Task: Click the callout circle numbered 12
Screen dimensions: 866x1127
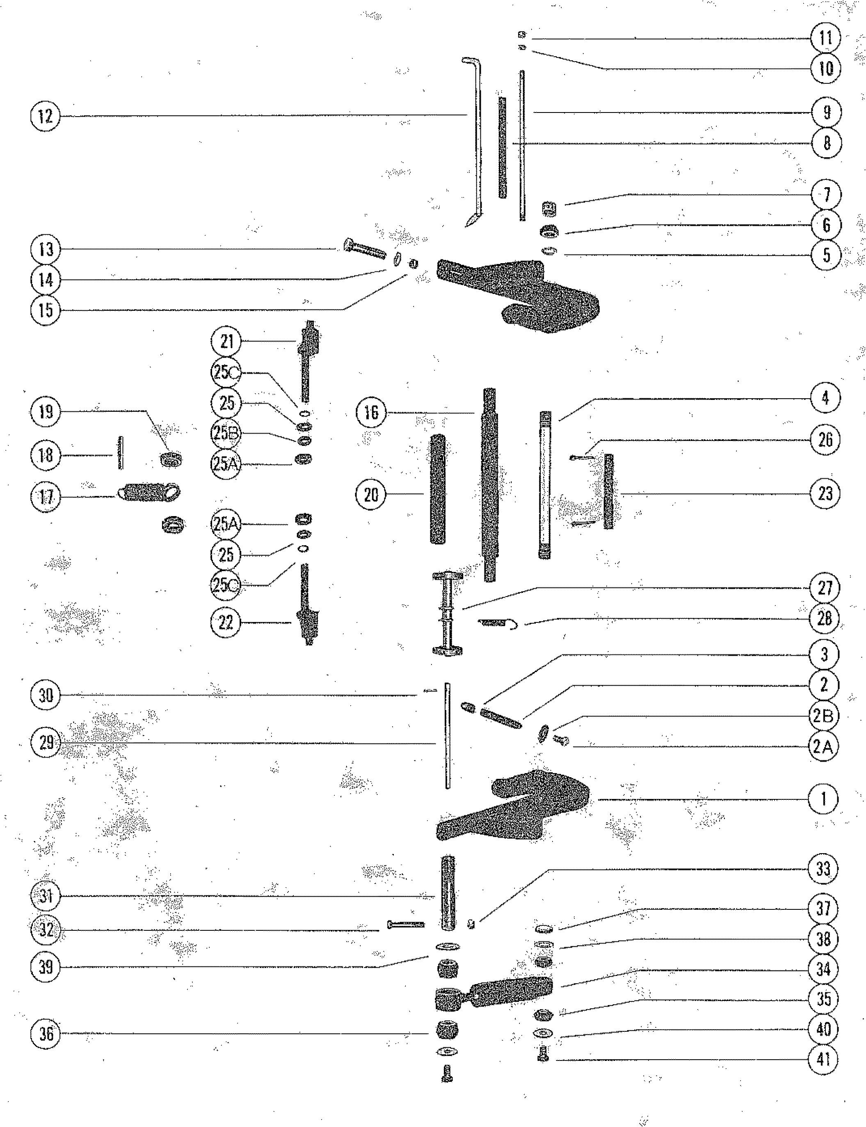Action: coord(46,115)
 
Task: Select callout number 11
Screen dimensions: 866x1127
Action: coord(825,38)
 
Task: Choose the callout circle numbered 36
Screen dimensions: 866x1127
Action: coord(46,1034)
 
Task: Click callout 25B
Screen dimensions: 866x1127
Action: coord(226,433)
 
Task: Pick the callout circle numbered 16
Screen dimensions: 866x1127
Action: coord(370,412)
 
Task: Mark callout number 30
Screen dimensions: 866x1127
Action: coord(46,695)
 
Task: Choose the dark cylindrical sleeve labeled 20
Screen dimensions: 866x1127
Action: coord(438,489)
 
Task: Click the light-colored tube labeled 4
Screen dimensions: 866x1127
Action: coord(545,485)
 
